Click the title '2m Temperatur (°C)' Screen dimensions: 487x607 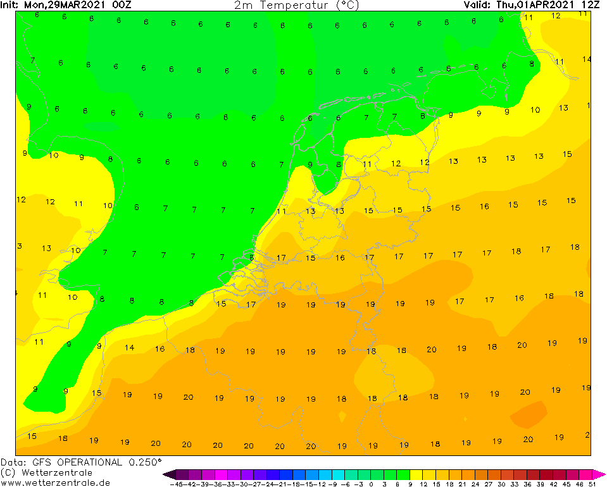point(296,5)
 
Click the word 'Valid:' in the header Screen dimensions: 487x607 point(478,5)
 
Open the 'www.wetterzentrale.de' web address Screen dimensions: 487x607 point(55,483)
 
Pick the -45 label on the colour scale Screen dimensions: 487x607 point(177,484)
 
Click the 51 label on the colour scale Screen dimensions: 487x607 point(591,484)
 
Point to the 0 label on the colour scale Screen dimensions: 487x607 point(371,484)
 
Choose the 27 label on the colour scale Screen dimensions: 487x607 point(488,484)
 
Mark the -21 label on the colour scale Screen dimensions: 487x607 point(280,484)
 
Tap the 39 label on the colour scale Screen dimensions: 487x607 point(540,484)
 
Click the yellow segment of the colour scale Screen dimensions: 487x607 point(416,474)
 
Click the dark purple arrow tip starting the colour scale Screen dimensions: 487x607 point(167,474)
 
